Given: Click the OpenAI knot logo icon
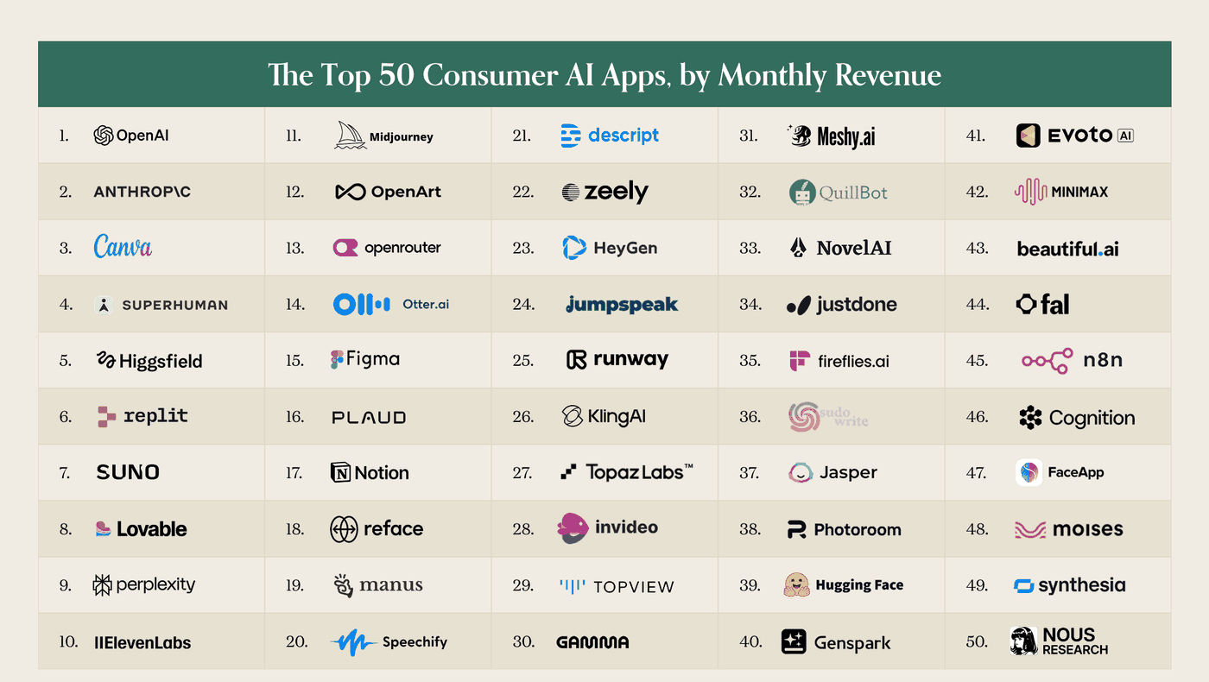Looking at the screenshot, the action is point(103,136).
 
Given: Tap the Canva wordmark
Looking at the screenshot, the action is point(123,246).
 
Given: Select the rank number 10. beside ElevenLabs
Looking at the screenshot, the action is point(68,641).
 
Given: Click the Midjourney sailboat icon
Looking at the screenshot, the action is point(350,135).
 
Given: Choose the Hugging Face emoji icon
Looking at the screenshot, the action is point(796,585).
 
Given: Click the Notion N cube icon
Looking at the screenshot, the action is point(340,473).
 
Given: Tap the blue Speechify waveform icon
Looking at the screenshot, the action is point(353,642).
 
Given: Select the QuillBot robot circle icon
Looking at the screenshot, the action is point(802,192).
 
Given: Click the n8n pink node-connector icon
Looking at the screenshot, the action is point(1047,361).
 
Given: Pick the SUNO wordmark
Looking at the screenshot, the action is point(128,472).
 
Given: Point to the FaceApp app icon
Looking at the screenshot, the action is point(1029,473).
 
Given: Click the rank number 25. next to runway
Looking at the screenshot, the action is point(523,361).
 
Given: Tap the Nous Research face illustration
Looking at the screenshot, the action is point(1023,641).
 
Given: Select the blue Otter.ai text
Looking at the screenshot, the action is point(426,304).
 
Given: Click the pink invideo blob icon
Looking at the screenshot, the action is point(573,527).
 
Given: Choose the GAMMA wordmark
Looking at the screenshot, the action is point(592,642).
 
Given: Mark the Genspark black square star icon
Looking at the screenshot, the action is point(794,641).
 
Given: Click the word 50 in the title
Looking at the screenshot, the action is point(396,75).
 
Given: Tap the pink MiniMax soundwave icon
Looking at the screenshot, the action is point(1030,192).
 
